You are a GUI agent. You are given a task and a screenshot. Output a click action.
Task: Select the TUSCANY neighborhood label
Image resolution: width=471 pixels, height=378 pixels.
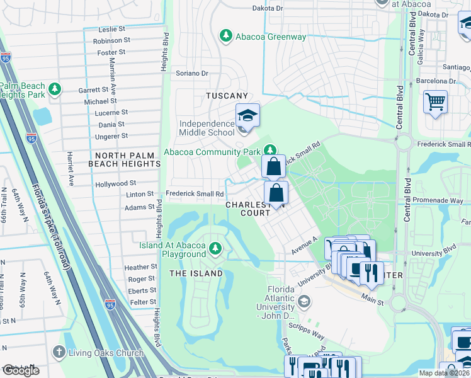(227, 96)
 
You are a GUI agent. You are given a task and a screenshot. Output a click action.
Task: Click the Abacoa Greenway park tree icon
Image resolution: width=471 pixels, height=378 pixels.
(225, 37)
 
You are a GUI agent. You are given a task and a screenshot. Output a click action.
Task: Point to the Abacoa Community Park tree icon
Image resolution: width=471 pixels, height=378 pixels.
(270, 150)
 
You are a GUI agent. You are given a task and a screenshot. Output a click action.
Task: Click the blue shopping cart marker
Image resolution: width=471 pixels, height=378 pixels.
(435, 101)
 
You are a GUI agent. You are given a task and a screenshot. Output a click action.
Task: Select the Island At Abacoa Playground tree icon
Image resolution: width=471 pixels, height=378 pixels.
(215, 248)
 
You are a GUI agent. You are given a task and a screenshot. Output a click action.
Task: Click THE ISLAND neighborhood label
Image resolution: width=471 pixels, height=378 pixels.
(195, 273)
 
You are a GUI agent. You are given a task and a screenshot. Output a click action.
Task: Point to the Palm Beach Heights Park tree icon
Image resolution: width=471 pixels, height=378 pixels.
(55, 90)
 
